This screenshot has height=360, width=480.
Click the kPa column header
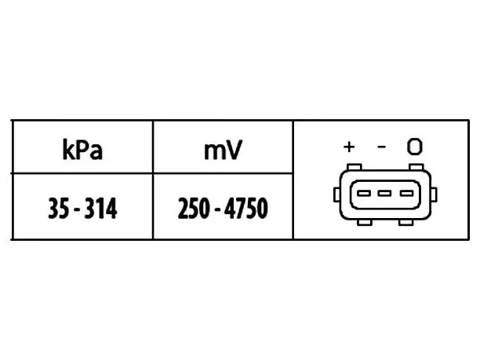pyautogui.click(x=82, y=150)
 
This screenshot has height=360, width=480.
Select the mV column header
pyautogui.click(x=224, y=150)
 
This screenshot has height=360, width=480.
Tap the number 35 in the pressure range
pyautogui.click(x=59, y=208)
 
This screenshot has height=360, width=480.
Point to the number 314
pyautogui.click(x=100, y=208)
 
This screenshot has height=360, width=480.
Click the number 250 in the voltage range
pyautogui.click(x=194, y=208)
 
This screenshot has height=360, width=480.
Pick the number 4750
pyautogui.click(x=246, y=208)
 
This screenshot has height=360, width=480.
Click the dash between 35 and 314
pyautogui.click(x=77, y=210)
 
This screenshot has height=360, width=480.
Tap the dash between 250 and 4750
pyautogui.click(x=217, y=210)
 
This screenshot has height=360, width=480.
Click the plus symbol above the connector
pyautogui.click(x=349, y=147)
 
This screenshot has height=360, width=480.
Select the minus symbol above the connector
pyautogui.click(x=381, y=147)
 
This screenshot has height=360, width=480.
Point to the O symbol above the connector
pyautogui.click(x=415, y=147)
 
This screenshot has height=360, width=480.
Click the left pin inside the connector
pyautogui.click(x=364, y=193)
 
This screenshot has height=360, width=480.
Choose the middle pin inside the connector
pyautogui.click(x=384, y=193)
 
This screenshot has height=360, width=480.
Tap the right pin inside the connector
pyautogui.click(x=407, y=193)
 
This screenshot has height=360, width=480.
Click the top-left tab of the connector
pyautogui.click(x=355, y=167)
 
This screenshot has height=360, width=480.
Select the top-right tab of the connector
pyautogui.click(x=416, y=167)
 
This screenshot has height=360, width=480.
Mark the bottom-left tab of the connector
pyautogui.click(x=365, y=223)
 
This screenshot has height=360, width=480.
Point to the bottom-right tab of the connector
pyautogui.click(x=406, y=223)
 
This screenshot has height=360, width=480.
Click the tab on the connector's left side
pyautogui.click(x=336, y=195)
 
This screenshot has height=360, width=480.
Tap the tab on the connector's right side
pyautogui.click(x=434, y=195)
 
